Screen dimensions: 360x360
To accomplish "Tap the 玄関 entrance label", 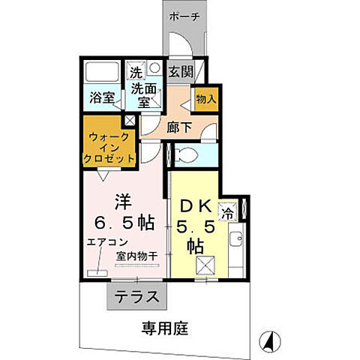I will pyautogui.click(x=180, y=72).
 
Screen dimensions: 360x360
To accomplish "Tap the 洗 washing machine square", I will pyautogui.click(x=136, y=73).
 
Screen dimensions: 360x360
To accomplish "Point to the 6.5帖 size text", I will pyautogui.click(x=124, y=223).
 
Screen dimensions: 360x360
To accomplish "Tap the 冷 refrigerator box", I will pyautogui.click(x=247, y=211).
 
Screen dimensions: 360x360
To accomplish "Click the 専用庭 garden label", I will pyautogui.click(x=164, y=328).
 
